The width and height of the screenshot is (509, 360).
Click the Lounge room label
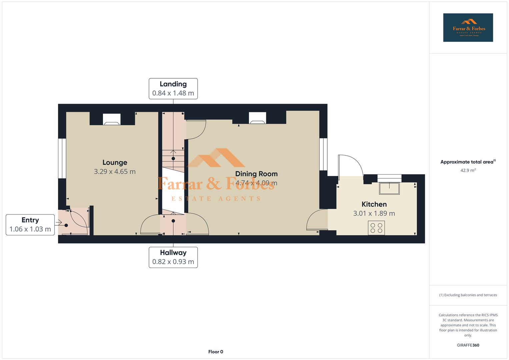115,162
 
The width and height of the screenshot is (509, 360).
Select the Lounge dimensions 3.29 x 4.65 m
115,172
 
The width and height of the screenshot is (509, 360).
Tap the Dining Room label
256,174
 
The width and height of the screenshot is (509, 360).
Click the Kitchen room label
374,204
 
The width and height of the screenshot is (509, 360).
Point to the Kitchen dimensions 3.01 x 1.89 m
374,213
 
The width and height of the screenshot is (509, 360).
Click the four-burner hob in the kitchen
376,228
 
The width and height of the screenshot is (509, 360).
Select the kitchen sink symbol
389,188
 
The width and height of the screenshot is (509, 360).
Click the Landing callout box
173,89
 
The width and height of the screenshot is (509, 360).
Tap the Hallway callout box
173,257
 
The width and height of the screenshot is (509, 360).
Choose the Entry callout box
30,225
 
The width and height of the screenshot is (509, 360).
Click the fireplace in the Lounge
111,119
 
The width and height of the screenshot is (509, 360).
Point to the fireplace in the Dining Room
258,118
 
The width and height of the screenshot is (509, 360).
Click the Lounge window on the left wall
62,158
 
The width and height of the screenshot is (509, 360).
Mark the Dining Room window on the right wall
323,154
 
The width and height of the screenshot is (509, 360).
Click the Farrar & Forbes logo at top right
468,27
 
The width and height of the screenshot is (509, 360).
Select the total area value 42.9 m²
468,170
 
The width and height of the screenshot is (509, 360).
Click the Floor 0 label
215,352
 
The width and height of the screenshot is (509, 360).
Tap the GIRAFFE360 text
468,345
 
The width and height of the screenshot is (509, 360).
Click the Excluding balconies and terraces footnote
468,295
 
